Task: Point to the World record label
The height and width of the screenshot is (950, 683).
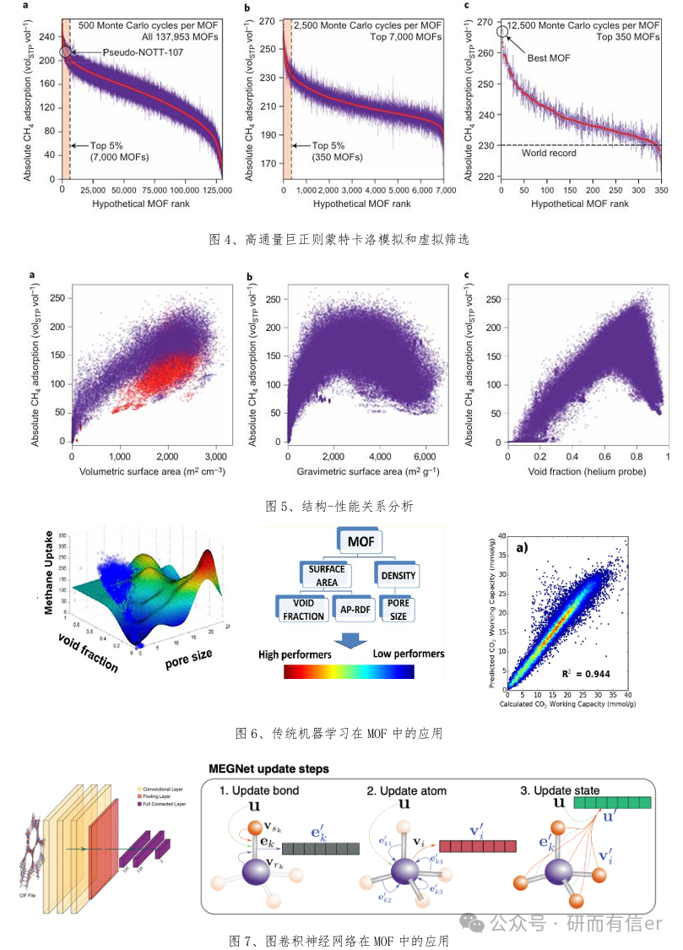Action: [550, 154]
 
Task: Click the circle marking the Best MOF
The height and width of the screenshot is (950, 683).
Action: [503, 32]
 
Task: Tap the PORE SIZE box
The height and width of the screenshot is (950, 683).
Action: [397, 610]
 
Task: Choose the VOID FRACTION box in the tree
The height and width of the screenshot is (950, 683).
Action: [303, 610]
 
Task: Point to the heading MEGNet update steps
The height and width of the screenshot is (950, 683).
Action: [268, 769]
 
